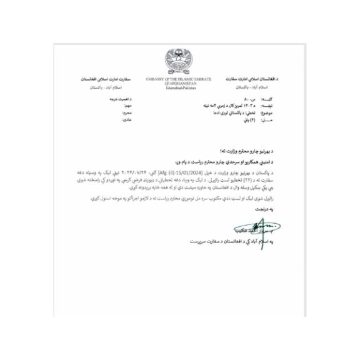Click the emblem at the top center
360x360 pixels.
tap(181, 59)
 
